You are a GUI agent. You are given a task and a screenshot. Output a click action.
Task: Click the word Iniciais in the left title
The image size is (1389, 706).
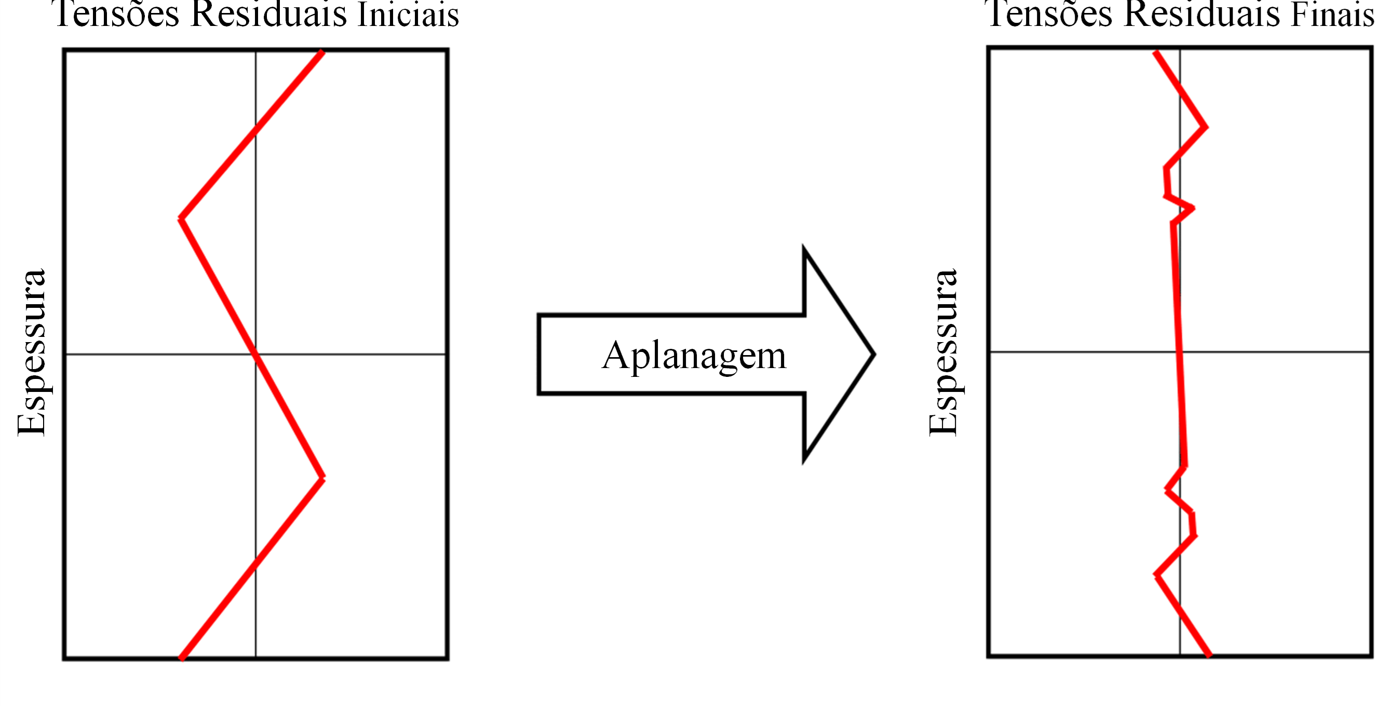(x=408, y=15)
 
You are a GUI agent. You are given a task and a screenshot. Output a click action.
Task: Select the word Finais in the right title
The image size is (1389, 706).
(x=1332, y=15)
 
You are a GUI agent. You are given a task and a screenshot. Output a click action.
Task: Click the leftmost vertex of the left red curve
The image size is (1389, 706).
(x=181, y=218)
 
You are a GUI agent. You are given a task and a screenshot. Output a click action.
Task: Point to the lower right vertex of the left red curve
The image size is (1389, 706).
(x=323, y=478)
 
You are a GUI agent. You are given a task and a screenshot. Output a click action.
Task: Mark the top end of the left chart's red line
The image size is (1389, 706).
(x=322, y=52)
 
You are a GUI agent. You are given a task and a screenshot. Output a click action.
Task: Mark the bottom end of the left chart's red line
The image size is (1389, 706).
(x=182, y=659)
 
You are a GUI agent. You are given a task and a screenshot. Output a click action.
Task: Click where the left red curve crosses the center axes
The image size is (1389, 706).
(x=255, y=354)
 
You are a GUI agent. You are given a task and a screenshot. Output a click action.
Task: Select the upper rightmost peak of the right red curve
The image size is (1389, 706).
(x=1206, y=127)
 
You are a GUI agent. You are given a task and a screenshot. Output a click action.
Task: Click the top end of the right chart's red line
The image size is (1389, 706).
(x=1155, y=52)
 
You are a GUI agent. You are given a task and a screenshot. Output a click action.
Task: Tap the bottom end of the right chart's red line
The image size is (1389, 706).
(x=1210, y=656)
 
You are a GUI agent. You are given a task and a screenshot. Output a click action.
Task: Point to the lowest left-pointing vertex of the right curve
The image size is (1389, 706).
(x=1156, y=575)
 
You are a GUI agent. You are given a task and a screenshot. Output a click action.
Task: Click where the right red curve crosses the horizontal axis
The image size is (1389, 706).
(x=1180, y=352)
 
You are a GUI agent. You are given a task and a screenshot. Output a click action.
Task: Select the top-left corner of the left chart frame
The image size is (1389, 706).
(x=64, y=50)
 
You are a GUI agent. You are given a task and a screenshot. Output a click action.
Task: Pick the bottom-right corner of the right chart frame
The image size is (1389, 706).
(x=1372, y=656)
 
